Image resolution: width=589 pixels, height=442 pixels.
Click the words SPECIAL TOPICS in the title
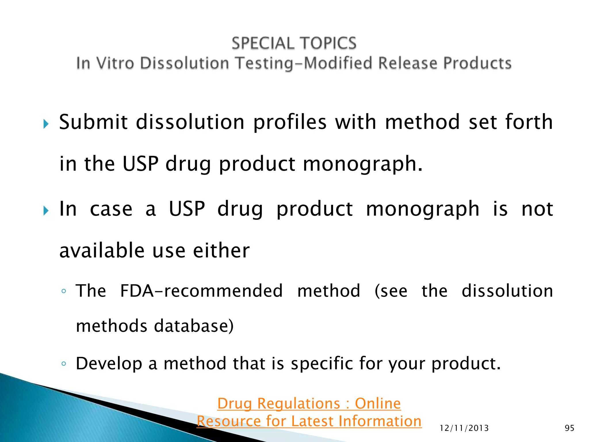tap(294, 43)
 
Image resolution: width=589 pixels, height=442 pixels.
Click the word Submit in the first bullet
tap(93, 122)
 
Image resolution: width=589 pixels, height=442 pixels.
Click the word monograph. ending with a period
tap(363, 164)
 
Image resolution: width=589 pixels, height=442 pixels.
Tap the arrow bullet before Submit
tap(46, 124)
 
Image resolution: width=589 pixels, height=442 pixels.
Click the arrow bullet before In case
tap(46, 211)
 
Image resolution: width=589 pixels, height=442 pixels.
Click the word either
tap(221, 250)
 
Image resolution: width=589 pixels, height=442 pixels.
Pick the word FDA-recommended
tap(201, 291)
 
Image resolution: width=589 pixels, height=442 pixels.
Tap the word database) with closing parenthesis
tap(194, 326)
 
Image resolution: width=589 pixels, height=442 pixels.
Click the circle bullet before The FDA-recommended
tap(64, 291)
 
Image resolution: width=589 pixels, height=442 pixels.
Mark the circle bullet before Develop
tap(64, 364)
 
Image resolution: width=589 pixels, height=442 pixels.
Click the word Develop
tap(109, 364)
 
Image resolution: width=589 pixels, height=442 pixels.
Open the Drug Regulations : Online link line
tap(309, 403)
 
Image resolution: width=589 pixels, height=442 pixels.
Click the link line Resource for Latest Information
tap(309, 421)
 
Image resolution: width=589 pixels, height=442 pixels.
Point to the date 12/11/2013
tap(464, 428)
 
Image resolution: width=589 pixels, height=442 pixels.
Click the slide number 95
tap(569, 428)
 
